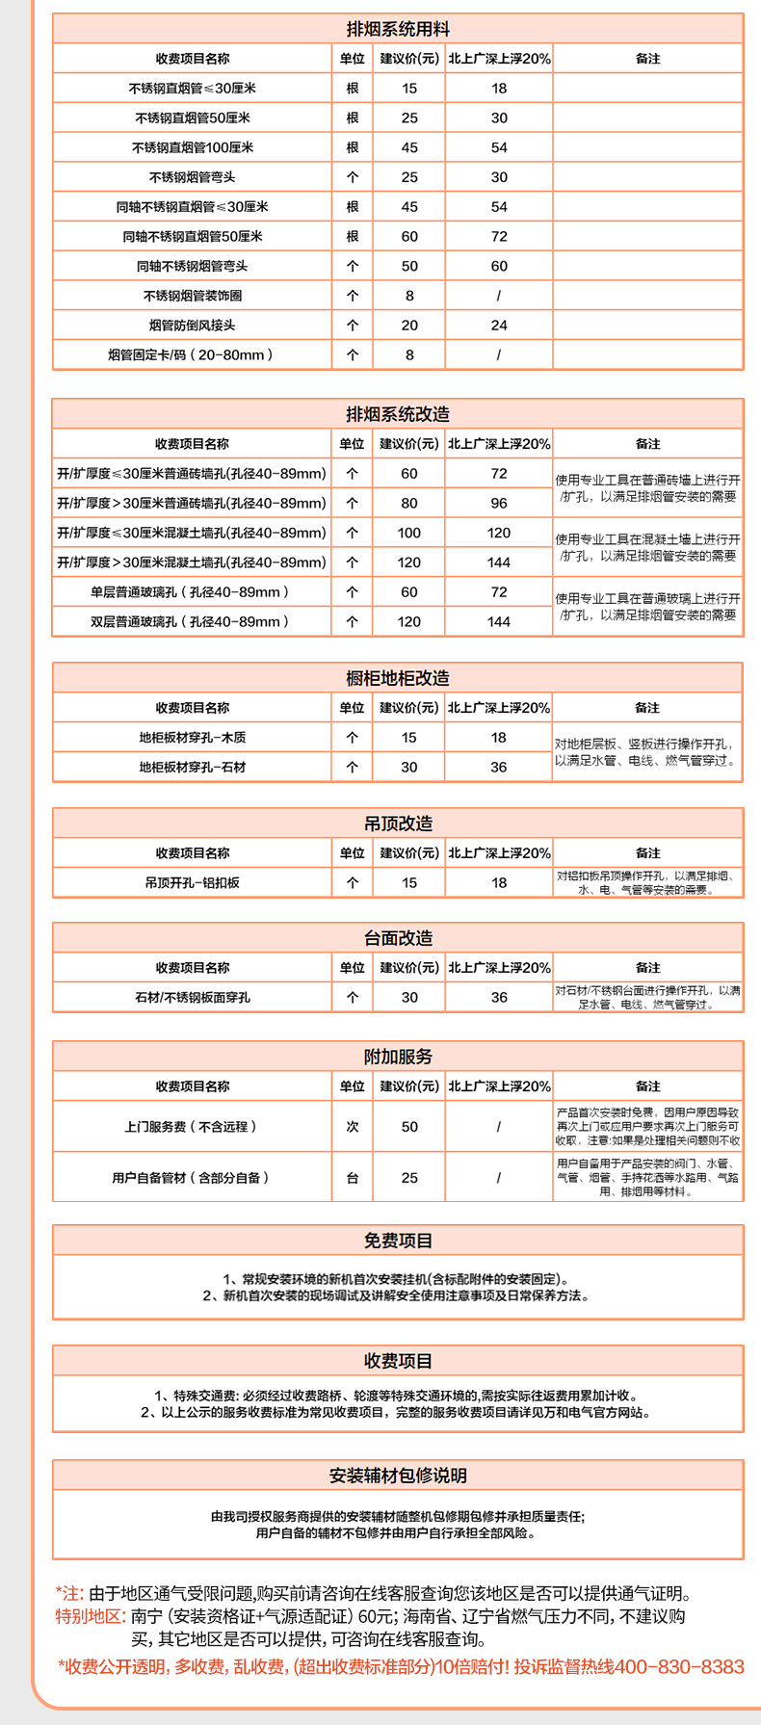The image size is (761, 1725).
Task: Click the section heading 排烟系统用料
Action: point(398,29)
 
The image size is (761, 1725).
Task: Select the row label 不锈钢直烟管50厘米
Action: point(193,118)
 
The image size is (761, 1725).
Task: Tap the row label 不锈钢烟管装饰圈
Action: point(193,296)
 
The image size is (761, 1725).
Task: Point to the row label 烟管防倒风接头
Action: point(193,326)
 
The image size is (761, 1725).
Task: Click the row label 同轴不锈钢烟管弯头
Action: point(193,266)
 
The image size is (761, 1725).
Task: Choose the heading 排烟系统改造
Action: point(398,414)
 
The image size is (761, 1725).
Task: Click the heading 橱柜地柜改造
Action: point(398,678)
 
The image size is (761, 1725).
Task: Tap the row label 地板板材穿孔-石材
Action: point(193,768)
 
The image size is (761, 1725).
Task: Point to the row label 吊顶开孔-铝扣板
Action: point(193,882)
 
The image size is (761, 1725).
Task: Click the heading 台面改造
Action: point(398,938)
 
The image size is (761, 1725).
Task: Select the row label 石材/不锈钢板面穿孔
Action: point(193,998)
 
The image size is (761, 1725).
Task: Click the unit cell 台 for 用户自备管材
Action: point(353,1177)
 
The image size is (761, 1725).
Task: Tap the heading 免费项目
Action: point(398,1241)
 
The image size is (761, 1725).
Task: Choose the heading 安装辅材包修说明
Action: point(398,1476)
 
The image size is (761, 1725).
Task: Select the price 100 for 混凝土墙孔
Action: point(409,533)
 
